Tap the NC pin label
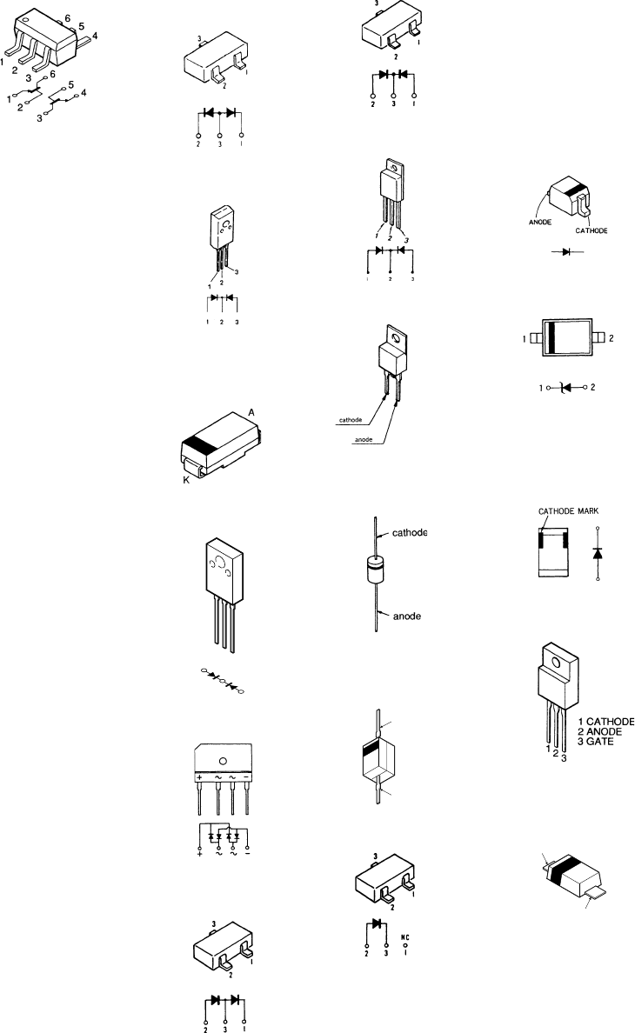pyautogui.click(x=404, y=937)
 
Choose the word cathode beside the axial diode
pyautogui.click(x=404, y=533)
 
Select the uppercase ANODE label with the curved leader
pyautogui.click(x=541, y=222)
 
